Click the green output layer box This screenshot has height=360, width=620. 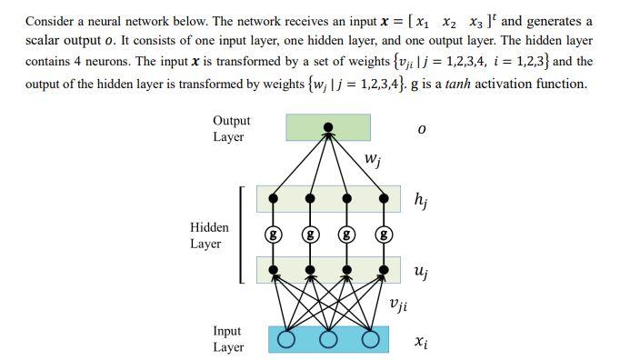click(x=327, y=127)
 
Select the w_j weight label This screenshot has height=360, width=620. click(x=373, y=161)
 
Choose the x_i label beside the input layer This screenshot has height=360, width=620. click(x=420, y=342)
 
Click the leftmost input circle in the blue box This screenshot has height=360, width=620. click(x=286, y=340)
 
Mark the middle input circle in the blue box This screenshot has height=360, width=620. click(x=327, y=340)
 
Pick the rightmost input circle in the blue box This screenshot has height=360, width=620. click(x=369, y=340)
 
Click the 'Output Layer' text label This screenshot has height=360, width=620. click(x=231, y=128)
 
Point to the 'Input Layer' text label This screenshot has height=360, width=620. click(x=227, y=339)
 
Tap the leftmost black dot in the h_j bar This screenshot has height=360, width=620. click(x=271, y=196)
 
